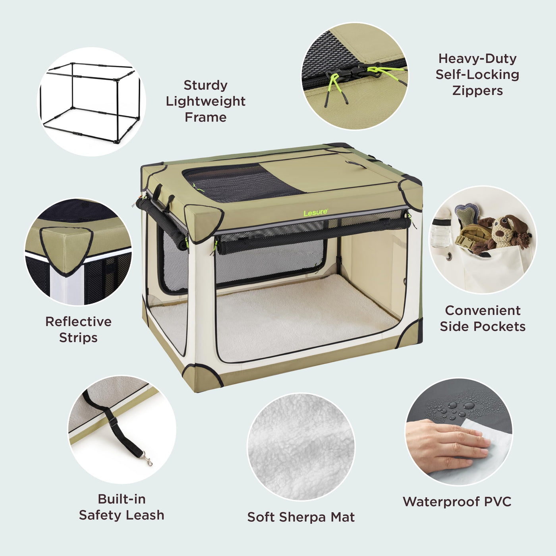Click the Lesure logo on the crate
pyautogui.click(x=316, y=212)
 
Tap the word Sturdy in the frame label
pyautogui.click(x=205, y=85)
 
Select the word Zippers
pyautogui.click(x=477, y=91)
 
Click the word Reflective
pyautogui.click(x=78, y=321)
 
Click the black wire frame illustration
pyautogui.click(x=91, y=103)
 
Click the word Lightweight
pyautogui.click(x=205, y=101)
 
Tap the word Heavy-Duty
pyautogui.click(x=477, y=58)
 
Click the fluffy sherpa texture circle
pyautogui.click(x=301, y=447)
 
